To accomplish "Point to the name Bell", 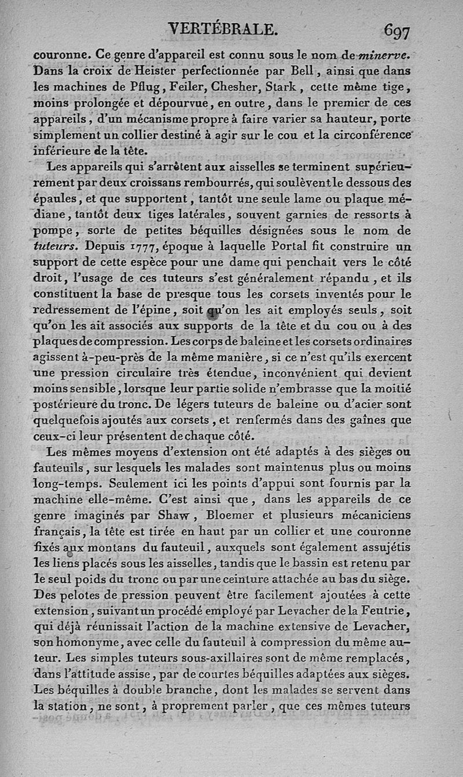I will point(302,72).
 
